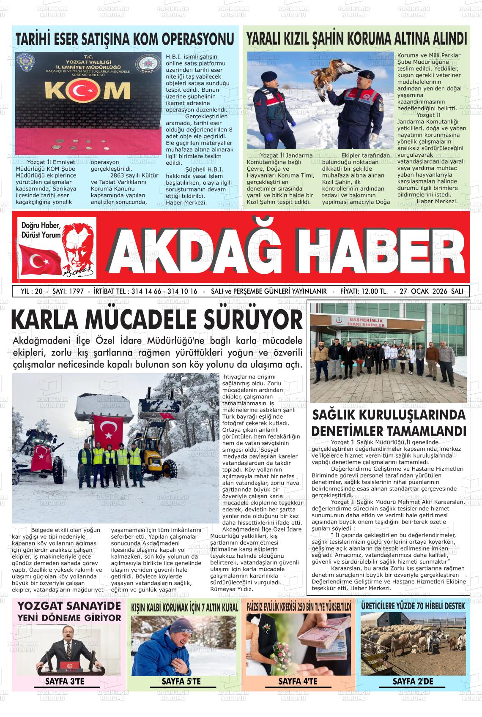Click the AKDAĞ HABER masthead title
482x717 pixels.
(x=282, y=250)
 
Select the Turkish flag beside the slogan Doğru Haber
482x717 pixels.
(x=41, y=259)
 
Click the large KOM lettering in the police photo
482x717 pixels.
(x=88, y=90)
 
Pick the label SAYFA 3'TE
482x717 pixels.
(x=65, y=681)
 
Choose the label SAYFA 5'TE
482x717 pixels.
(x=181, y=681)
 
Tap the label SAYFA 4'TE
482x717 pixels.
(x=298, y=681)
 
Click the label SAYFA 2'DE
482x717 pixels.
(x=413, y=681)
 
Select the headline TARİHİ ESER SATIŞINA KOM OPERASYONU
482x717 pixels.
(x=125, y=39)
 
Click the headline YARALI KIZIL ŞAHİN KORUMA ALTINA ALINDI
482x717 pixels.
(x=356, y=39)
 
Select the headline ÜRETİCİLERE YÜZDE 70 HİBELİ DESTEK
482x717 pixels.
(x=413, y=606)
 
